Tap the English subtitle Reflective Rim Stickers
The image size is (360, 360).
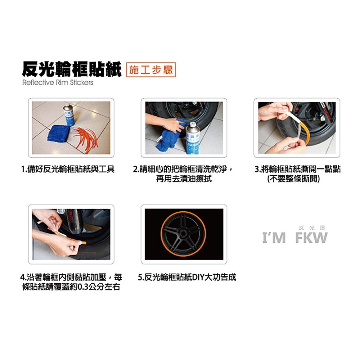[58, 83]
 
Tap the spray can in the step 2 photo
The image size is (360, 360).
[193, 139]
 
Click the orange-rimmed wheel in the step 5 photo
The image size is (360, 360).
[184, 234]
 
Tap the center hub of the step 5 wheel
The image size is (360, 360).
[184, 234]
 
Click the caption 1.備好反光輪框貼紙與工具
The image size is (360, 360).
[68, 169]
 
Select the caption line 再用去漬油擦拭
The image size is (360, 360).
[184, 179]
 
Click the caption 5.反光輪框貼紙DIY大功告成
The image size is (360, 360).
[187, 278]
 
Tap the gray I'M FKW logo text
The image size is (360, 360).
[295, 238]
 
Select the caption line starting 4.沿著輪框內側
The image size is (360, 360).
[71, 278]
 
